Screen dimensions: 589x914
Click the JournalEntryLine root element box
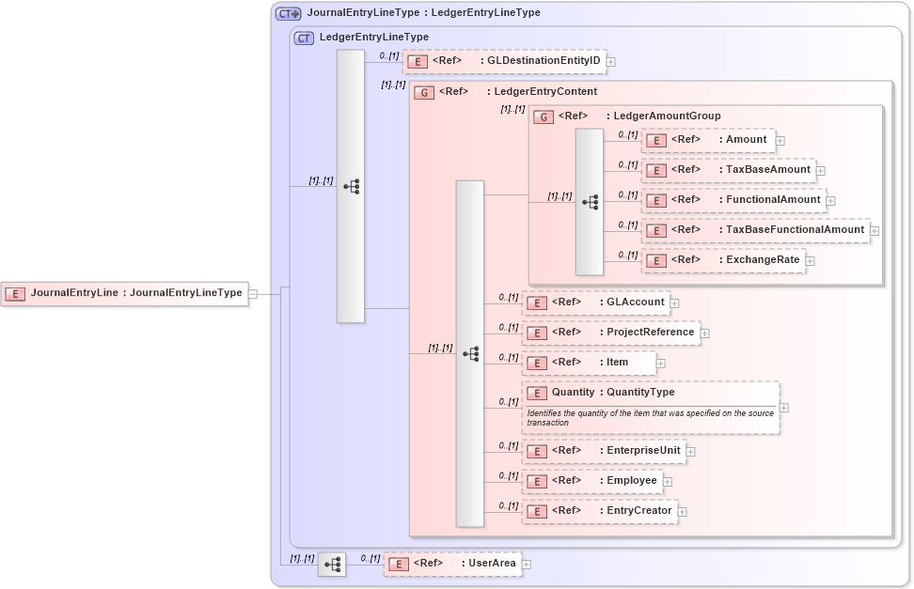124,293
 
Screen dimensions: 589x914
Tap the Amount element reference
708,140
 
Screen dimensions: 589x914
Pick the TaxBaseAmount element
729,170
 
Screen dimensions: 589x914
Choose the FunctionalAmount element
733,200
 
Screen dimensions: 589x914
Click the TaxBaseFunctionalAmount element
755,230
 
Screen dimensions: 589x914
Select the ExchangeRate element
723,260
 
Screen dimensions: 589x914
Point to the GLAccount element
595,302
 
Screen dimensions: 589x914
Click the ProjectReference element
611,333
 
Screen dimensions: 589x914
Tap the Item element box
589,363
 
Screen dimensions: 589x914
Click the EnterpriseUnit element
604,451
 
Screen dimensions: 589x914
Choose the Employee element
591,481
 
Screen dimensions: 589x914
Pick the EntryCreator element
599,511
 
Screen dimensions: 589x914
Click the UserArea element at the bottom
452,564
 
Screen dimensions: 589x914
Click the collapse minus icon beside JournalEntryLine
253,294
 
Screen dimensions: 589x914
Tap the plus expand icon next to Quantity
784,408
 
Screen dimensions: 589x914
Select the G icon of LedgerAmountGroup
544,116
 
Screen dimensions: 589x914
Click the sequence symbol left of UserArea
331,565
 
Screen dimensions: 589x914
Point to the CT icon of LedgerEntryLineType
304,38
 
